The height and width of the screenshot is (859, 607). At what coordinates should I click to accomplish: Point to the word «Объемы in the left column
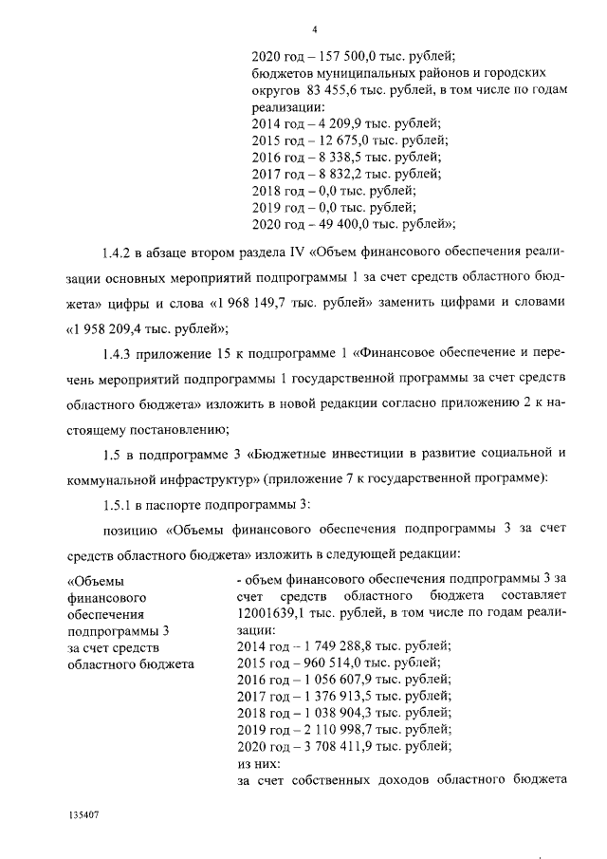coord(96,579)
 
